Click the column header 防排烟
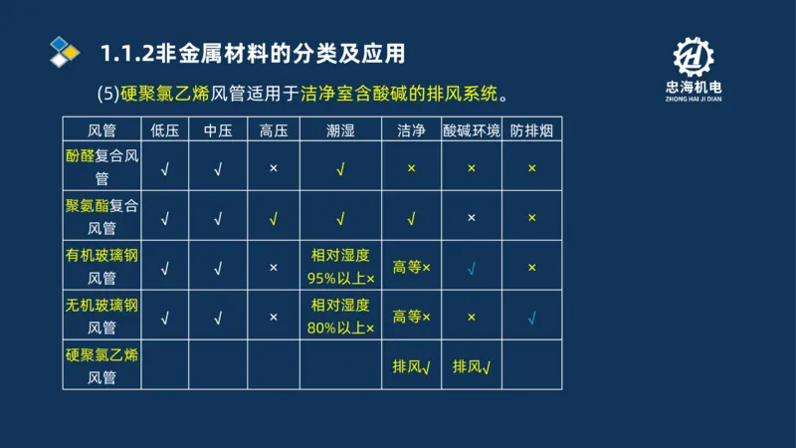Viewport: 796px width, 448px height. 531,129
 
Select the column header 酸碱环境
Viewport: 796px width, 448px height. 472,129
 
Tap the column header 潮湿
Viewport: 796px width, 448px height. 340,129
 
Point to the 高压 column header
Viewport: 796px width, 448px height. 273,129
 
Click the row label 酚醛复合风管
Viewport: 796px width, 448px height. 101,167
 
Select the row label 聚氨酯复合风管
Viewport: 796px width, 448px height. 101,217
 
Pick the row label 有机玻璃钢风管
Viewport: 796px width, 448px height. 101,267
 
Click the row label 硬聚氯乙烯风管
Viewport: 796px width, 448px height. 101,365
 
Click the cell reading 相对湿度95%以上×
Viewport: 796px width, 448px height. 340,267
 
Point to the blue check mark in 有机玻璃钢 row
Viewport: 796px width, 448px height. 472,268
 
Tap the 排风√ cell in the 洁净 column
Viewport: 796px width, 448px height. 411,366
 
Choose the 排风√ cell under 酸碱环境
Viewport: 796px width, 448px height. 472,366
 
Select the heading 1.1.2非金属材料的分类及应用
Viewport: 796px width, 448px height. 253,51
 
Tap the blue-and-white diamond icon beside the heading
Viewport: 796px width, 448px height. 64,51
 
